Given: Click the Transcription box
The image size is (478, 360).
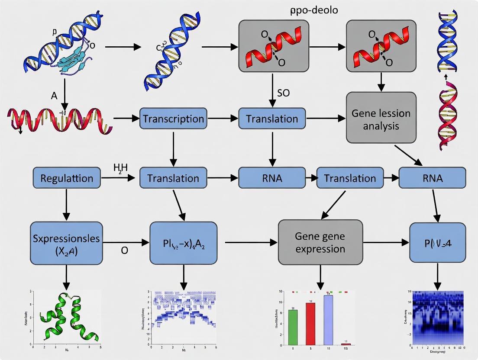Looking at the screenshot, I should [x=173, y=119].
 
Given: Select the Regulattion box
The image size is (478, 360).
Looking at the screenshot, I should [x=67, y=178].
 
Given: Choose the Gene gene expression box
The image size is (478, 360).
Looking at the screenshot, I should [x=320, y=242].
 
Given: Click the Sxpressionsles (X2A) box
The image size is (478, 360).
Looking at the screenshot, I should [x=66, y=243].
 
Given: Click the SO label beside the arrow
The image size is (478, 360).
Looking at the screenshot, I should [x=283, y=93].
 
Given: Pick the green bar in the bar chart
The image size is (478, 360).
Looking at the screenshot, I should [x=293, y=325].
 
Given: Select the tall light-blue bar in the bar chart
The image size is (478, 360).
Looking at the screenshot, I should [x=328, y=319].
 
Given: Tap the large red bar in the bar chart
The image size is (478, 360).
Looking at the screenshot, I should [x=310, y=322].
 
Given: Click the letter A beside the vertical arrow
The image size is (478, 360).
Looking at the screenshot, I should [x=54, y=96].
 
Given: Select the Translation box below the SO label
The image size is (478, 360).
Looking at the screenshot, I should [x=272, y=119].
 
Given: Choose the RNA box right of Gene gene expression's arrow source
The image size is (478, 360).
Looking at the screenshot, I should [x=432, y=178].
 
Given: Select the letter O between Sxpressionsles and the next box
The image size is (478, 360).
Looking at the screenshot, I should [x=124, y=250].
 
